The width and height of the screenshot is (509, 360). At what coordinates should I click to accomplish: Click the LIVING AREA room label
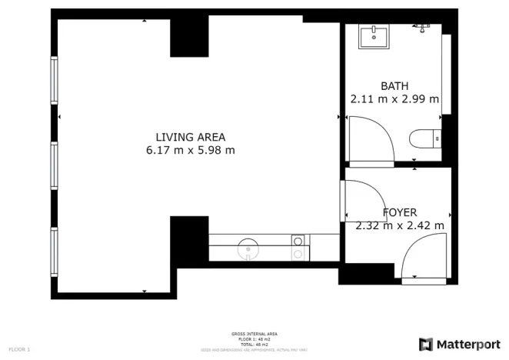coord(190,137)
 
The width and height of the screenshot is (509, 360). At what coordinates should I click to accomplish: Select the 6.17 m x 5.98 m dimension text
coord(190,151)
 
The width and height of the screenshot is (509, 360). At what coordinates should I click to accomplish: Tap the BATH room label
coord(394,85)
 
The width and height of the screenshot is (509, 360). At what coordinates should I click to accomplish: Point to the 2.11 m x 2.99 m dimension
coord(394,98)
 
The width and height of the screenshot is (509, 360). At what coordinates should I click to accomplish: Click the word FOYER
coord(400,212)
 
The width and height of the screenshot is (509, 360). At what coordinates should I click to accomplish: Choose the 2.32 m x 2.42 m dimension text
coord(400,225)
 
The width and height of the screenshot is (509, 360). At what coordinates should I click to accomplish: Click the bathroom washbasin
coord(374,35)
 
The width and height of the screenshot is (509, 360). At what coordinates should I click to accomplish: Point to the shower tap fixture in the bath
coord(420,27)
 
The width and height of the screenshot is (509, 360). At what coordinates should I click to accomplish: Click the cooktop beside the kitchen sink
coord(297,246)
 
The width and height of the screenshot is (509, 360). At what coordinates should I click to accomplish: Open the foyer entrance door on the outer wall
coord(423,258)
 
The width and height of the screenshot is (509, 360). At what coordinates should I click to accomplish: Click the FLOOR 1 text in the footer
coord(20,349)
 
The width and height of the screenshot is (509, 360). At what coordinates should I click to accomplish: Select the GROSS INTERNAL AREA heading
coord(254,334)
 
